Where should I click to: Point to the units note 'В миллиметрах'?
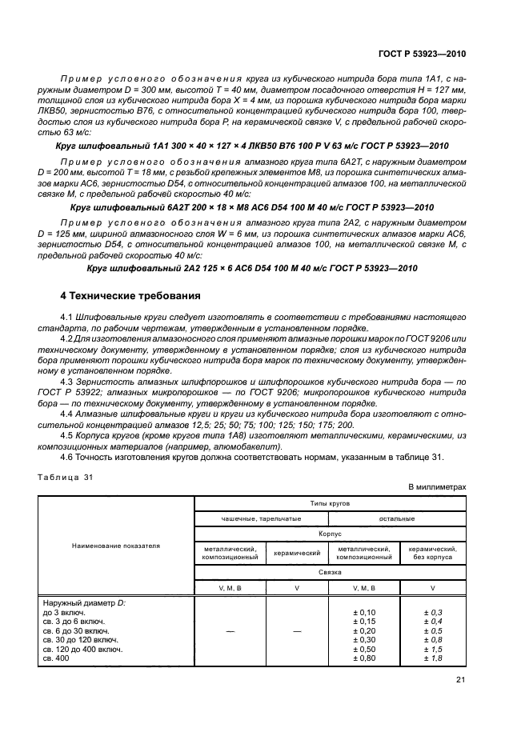[436, 486]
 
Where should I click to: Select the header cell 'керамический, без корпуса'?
[432, 553]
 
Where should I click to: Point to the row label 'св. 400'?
[57, 659]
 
